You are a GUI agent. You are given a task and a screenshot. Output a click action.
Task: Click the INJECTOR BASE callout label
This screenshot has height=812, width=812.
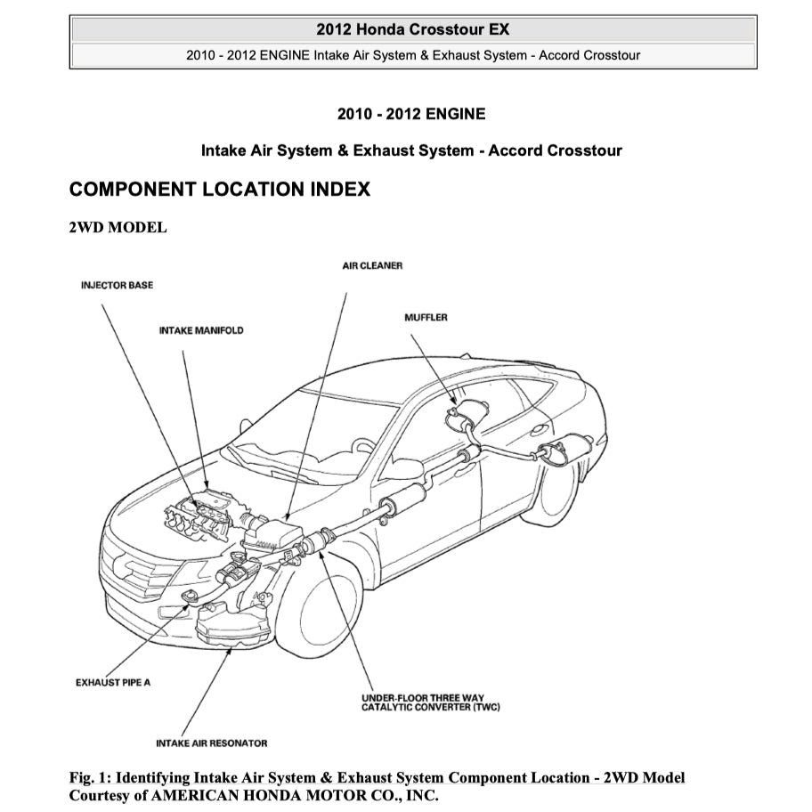(x=117, y=286)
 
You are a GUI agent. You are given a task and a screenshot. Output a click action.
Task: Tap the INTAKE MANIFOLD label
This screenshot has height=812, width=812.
(x=201, y=330)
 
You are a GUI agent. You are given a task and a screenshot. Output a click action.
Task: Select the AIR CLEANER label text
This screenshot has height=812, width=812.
(x=372, y=266)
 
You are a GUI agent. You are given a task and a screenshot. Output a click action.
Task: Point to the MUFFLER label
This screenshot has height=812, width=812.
(x=426, y=318)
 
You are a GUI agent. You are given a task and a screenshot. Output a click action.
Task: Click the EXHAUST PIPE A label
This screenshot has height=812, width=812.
(x=113, y=683)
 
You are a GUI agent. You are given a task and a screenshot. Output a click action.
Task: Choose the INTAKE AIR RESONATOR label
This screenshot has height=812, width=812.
(x=211, y=743)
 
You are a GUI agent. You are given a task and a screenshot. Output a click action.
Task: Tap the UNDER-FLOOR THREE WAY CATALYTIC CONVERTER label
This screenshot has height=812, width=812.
(x=431, y=702)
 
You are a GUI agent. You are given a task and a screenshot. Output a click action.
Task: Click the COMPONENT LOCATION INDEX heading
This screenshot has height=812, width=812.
(x=219, y=190)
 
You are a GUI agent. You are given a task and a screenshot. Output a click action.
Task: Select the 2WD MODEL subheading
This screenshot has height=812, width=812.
(x=118, y=228)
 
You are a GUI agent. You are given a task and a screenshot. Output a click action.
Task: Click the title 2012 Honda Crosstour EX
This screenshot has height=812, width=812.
(x=412, y=29)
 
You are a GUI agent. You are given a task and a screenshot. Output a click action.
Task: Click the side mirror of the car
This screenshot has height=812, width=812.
(x=406, y=468)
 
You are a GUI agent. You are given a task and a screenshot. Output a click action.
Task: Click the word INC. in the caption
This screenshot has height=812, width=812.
(x=422, y=795)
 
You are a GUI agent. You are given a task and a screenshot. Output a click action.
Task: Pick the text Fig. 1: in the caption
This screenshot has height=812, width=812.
(x=91, y=778)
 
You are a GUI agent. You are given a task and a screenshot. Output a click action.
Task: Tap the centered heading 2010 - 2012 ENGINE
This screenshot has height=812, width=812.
(x=411, y=114)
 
